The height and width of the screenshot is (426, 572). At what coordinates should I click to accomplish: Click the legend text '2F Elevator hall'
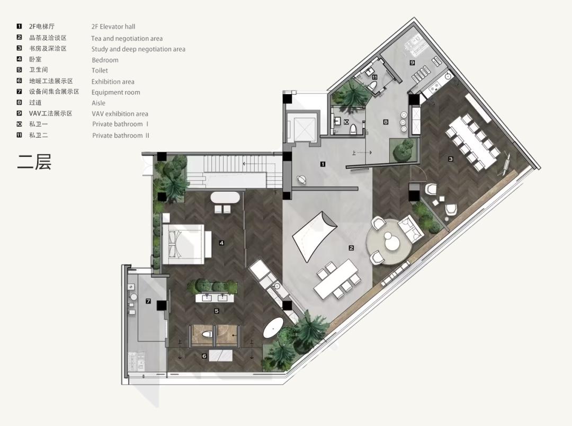pyautogui.click(x=113, y=26)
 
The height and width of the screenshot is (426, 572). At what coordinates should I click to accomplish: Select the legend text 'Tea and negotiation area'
pyautogui.click(x=127, y=38)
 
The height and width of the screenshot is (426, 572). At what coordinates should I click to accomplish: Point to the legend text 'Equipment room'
pyautogui.click(x=115, y=92)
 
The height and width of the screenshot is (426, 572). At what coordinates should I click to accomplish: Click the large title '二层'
pyautogui.click(x=34, y=161)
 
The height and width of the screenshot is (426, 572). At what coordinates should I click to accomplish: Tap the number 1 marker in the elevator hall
pyautogui.click(x=323, y=164)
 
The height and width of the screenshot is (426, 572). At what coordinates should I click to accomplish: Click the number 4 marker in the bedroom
pyautogui.click(x=221, y=243)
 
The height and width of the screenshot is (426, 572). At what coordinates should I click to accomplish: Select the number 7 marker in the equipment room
pyautogui.click(x=148, y=301)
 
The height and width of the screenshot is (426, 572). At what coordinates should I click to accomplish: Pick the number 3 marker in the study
pyautogui.click(x=451, y=158)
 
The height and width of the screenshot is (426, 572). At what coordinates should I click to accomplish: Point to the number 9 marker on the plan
pyautogui.click(x=412, y=62)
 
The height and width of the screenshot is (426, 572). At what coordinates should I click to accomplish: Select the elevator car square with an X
pyautogui.click(x=301, y=126)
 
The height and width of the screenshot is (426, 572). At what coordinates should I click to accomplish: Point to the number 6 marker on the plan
pyautogui.click(x=204, y=356)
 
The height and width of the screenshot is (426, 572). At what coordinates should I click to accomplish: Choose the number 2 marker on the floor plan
pyautogui.click(x=351, y=247)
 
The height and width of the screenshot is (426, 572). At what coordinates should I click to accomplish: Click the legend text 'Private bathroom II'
pyautogui.click(x=120, y=135)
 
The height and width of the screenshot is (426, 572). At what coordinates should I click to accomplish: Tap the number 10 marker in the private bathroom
pyautogui.click(x=345, y=122)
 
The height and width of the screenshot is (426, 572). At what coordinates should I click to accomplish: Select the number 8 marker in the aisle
pyautogui.click(x=386, y=122)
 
